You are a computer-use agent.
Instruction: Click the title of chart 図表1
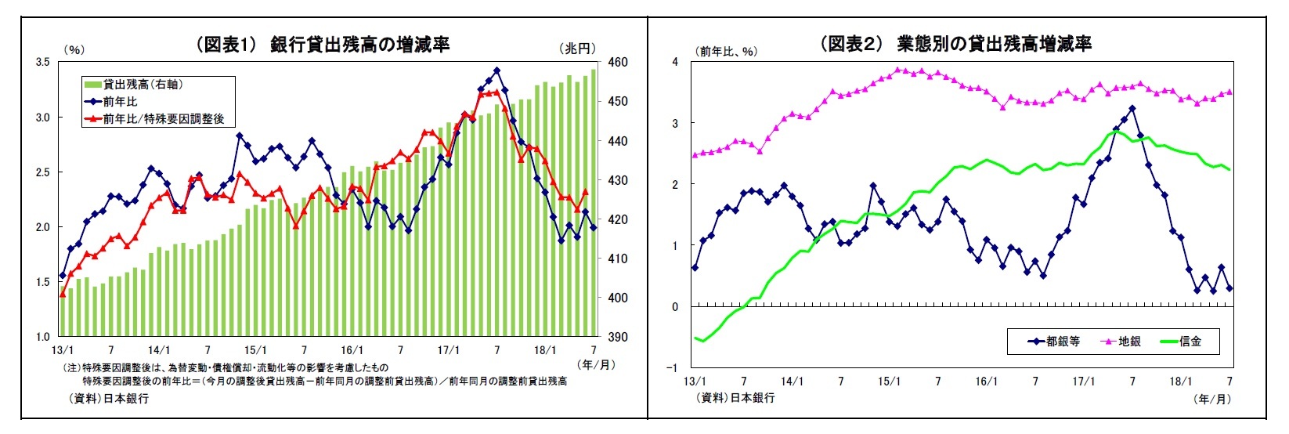(x=322, y=44)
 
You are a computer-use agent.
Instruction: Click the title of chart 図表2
(x=955, y=44)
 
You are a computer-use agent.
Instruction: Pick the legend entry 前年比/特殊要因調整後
(x=163, y=119)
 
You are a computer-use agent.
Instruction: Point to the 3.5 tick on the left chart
(x=43, y=62)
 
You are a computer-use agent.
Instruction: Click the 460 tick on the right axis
(x=617, y=62)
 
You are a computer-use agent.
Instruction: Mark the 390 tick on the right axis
(x=617, y=337)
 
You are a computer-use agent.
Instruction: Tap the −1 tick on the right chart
(x=673, y=367)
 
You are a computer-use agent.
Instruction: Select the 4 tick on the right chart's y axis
(x=675, y=62)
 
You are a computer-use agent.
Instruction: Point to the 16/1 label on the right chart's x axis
(x=986, y=382)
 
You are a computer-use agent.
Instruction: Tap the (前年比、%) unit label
(x=726, y=51)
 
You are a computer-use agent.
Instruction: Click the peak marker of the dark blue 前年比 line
(x=496, y=71)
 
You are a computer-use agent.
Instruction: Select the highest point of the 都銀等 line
(x=1132, y=108)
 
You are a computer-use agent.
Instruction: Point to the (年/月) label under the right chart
(x=1212, y=399)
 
